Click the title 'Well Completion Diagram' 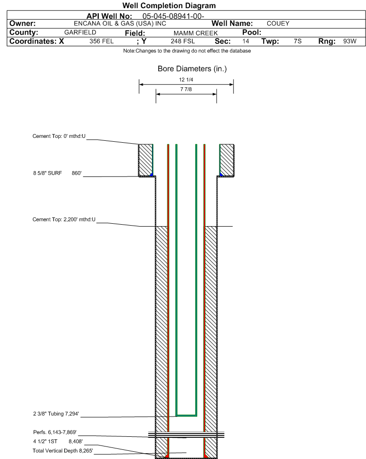click(x=169, y=6)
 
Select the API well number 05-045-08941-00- click(x=173, y=16)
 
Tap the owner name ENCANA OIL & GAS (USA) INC click(x=120, y=24)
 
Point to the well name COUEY click(x=278, y=24)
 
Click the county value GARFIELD click(x=80, y=32)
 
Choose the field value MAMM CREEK click(x=196, y=33)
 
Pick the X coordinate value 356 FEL click(x=101, y=41)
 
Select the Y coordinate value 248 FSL click(x=183, y=41)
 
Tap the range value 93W click(x=350, y=41)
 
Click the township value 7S click(x=298, y=41)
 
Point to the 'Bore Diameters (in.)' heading click(x=192, y=69)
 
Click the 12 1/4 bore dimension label click(x=186, y=80)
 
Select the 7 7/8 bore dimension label click(x=186, y=89)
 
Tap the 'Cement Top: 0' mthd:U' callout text click(x=59, y=136)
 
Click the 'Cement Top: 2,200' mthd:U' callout click(x=64, y=219)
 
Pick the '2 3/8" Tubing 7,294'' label click(x=56, y=414)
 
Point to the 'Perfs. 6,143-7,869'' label click(x=55, y=432)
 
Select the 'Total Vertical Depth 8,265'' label click(x=63, y=450)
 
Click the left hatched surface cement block click(x=146, y=160)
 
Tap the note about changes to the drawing click(x=187, y=51)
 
